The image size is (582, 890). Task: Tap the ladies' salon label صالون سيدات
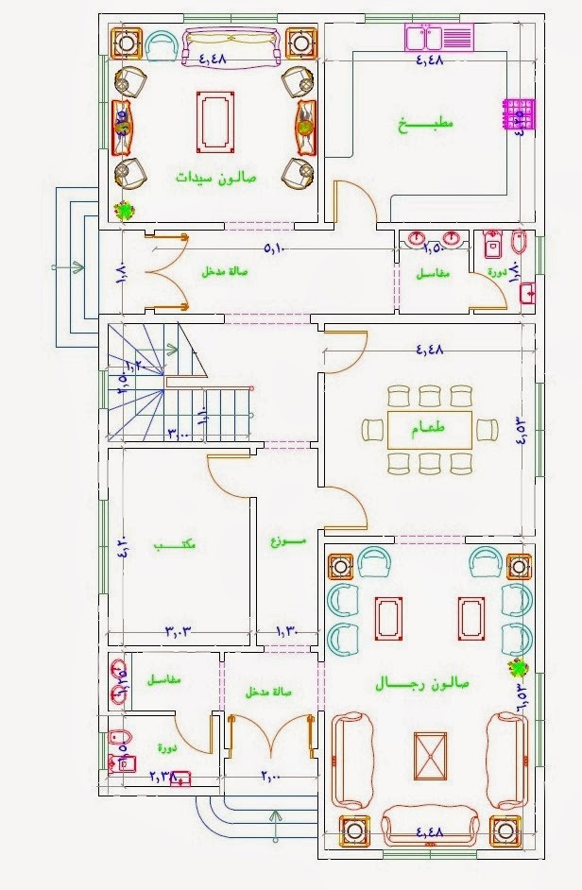tap(215, 177)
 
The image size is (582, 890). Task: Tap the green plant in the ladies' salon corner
tap(123, 212)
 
